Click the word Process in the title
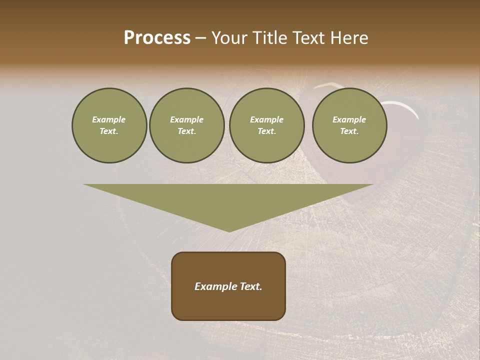point(157,38)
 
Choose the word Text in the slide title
point(309,38)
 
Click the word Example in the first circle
point(109,119)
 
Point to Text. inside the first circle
point(109,131)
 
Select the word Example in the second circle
point(186,119)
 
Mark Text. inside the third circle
point(266,131)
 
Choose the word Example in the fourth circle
point(349,119)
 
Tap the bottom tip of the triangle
point(228,230)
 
